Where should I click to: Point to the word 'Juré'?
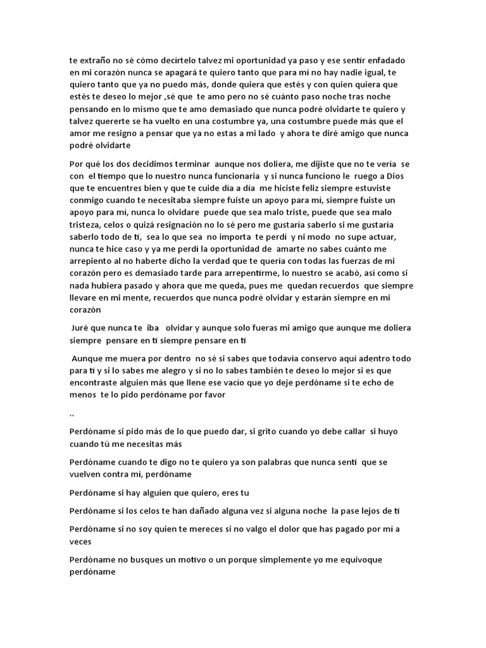[x=82, y=328]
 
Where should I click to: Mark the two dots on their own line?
[x=72, y=414]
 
